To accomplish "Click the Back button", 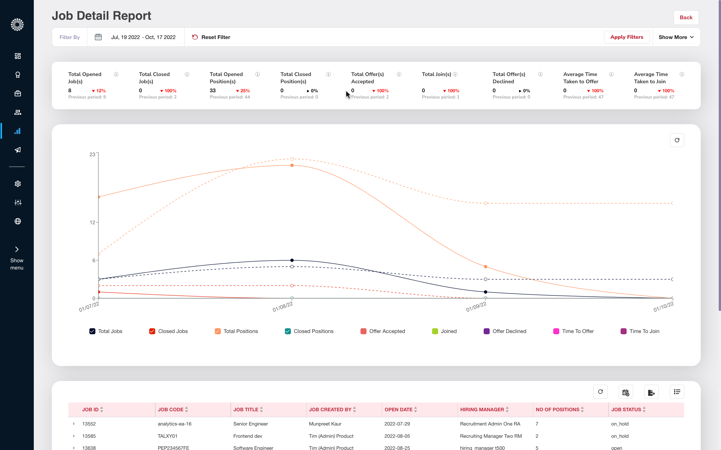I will [686, 17].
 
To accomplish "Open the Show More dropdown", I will [676, 37].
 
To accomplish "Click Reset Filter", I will [211, 37].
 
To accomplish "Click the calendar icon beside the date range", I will [98, 37].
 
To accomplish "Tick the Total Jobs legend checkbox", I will [92, 331].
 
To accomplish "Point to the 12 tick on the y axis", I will [92, 222].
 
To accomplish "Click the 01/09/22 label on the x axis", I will [476, 306].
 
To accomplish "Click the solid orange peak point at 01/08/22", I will [292, 165].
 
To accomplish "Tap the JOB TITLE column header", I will [246, 409].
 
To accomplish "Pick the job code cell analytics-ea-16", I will [174, 424].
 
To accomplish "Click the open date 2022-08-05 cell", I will [397, 436].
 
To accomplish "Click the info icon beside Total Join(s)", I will [455, 74].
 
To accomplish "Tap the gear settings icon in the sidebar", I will [18, 184].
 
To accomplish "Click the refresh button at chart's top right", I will [677, 140].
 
